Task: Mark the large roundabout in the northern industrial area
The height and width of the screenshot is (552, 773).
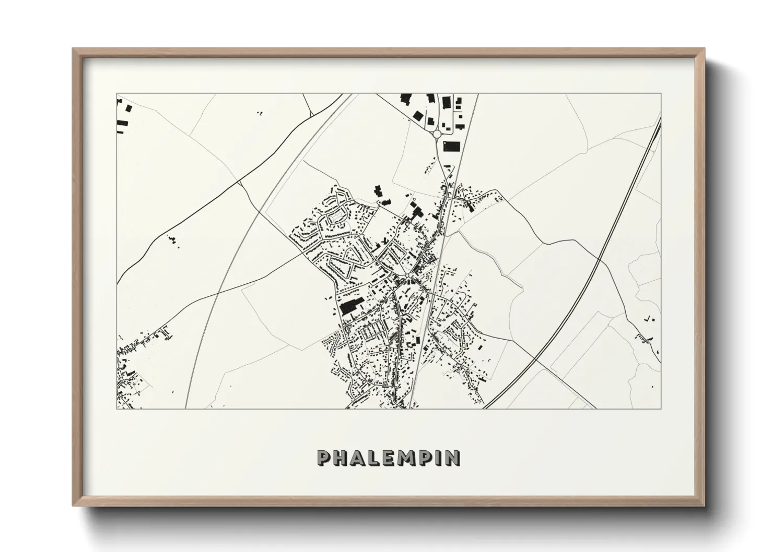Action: [437, 134]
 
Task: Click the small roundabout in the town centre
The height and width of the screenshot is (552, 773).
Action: [406, 275]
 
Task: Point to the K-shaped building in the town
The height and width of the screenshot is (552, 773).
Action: [386, 242]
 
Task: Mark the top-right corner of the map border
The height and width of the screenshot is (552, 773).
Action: [661, 94]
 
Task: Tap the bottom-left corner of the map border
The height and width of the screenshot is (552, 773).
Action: [116, 409]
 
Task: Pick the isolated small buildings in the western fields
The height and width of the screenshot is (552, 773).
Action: [171, 240]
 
